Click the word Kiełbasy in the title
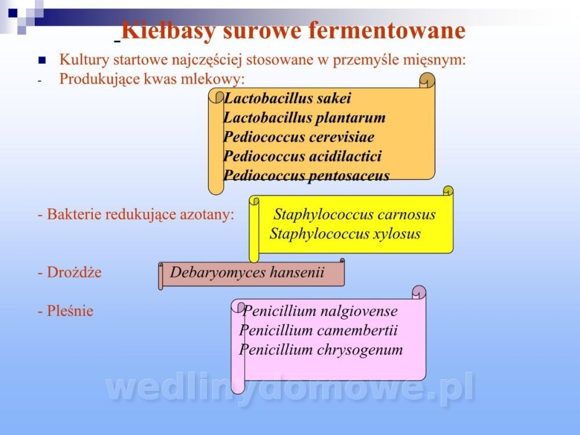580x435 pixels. (168, 31)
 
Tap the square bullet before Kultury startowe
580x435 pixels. (42, 60)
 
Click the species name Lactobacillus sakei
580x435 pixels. (287, 99)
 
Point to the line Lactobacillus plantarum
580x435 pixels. (304, 118)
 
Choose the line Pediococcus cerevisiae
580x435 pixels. (299, 137)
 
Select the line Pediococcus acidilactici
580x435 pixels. (302, 156)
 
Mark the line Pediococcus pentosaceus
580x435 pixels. (306, 175)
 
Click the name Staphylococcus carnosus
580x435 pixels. (354, 215)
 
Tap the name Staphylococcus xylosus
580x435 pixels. (345, 234)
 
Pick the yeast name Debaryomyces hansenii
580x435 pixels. (246, 273)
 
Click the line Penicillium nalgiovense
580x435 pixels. (320, 311)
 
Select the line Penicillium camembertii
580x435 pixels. (318, 331)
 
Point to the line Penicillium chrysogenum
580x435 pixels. (321, 350)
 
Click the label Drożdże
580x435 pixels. (70, 272)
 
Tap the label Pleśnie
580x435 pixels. (66, 311)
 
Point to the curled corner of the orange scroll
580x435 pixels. (427, 80)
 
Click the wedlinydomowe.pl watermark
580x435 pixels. (289, 387)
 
